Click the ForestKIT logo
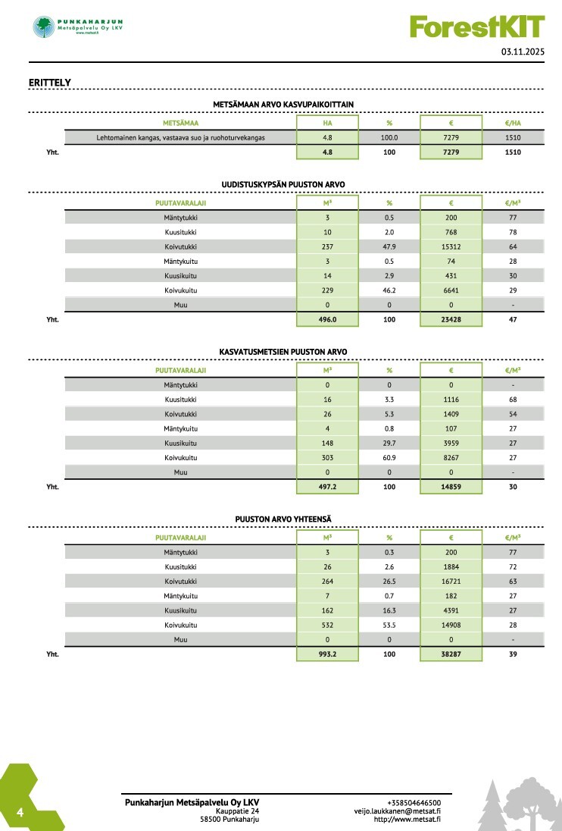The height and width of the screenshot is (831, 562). point(476,27)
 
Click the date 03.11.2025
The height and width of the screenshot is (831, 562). point(523,52)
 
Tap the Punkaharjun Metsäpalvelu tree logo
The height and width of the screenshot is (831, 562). point(44,27)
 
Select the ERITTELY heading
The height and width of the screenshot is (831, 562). point(50,82)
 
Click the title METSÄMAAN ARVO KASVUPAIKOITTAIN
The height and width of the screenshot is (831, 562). point(283,105)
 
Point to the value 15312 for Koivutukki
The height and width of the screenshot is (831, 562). point(451,246)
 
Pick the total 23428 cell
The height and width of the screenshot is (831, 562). point(451,319)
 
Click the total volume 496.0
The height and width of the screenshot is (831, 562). point(327,319)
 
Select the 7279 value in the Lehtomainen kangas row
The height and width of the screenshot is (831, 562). point(451,138)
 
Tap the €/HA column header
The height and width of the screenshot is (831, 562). point(513,123)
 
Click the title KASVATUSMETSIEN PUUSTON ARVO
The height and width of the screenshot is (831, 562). point(283,353)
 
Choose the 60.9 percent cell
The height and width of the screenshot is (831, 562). point(389,458)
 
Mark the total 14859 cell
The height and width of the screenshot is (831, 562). point(451,487)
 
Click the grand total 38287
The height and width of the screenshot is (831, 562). point(451,654)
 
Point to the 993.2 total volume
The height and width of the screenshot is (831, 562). point(327,654)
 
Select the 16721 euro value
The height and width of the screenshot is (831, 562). point(451,582)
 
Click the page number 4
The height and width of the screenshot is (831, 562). point(20,814)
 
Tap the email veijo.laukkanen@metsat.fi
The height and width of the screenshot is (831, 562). point(398,811)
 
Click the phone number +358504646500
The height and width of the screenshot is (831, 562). point(414,802)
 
